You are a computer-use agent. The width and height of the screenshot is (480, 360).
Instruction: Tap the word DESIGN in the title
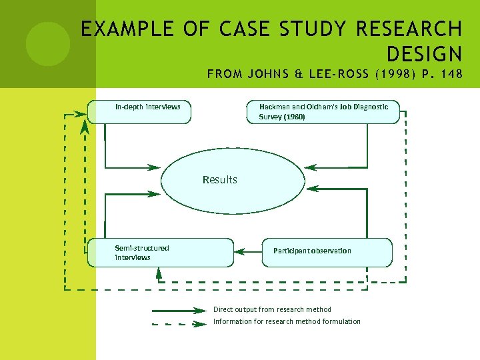(x=423, y=53)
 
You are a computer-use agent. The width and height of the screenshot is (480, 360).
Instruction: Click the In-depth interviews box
(x=139, y=111)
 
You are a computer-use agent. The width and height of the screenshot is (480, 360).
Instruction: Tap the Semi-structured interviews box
(x=160, y=253)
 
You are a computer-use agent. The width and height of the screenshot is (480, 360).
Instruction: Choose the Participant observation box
(x=327, y=252)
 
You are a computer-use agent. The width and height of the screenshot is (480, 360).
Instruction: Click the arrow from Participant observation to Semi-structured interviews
(x=247, y=252)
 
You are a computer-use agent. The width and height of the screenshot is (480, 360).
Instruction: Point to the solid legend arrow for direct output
(x=179, y=310)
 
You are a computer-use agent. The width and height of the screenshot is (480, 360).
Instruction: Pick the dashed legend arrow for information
(x=179, y=324)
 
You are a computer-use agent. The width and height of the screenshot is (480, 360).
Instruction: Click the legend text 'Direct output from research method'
(x=272, y=309)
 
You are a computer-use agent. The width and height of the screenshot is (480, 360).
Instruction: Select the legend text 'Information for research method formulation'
(x=287, y=322)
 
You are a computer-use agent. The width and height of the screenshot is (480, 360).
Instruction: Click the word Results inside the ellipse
(x=219, y=179)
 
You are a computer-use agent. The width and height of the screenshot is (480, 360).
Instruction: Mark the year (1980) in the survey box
(x=292, y=117)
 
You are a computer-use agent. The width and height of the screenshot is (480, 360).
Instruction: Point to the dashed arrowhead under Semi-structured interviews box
(x=159, y=271)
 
